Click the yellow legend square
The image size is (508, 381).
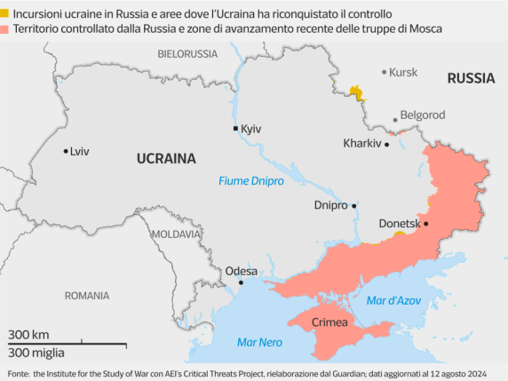click(x=6, y=15)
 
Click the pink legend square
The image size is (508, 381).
click(x=6, y=29)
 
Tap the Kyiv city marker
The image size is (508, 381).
click(x=235, y=129)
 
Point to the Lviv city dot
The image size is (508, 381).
click(x=66, y=151)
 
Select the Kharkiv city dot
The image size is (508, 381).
click(x=386, y=144)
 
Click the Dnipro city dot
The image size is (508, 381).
click(x=354, y=205)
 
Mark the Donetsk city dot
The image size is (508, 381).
click(x=426, y=224)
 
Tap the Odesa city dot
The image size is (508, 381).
click(x=241, y=283)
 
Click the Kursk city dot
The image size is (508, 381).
click(x=384, y=72)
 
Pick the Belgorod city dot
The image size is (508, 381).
click(x=395, y=116)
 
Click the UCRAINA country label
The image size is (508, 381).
click(x=165, y=159)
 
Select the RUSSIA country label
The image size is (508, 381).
click(x=471, y=78)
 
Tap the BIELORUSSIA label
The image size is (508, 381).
click(x=187, y=54)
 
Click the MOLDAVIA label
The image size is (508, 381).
click(x=176, y=234)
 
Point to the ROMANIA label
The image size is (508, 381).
click(x=87, y=295)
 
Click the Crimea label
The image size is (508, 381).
click(x=329, y=321)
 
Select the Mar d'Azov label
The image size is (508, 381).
click(x=391, y=300)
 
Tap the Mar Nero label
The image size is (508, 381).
click(x=259, y=342)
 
